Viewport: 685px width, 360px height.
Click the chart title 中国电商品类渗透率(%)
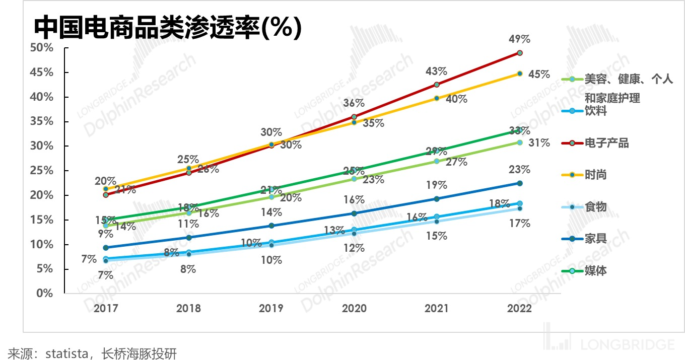(167, 27)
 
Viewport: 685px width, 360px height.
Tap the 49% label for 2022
(520, 39)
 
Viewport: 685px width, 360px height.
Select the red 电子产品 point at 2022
(520, 53)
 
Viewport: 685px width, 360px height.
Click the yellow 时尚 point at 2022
(520, 74)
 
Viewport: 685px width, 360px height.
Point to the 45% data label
(539, 75)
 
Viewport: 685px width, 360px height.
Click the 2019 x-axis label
(271, 309)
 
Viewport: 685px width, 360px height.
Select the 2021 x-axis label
(437, 309)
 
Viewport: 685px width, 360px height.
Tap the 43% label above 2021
(436, 71)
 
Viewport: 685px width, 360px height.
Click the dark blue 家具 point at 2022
(520, 183)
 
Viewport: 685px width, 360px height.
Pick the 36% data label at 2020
(354, 103)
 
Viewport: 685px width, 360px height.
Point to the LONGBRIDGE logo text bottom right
(627, 345)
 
